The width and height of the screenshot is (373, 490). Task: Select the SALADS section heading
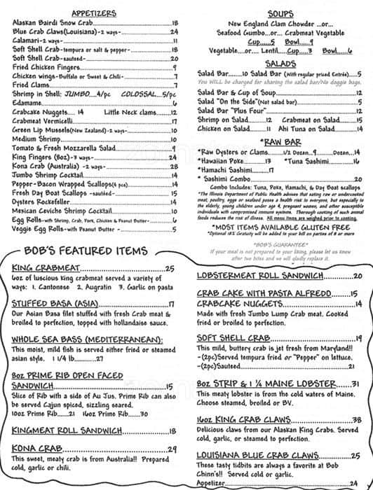277,63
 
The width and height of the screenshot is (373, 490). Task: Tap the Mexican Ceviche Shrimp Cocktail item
62,211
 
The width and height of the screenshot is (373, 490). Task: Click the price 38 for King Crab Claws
356,419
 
